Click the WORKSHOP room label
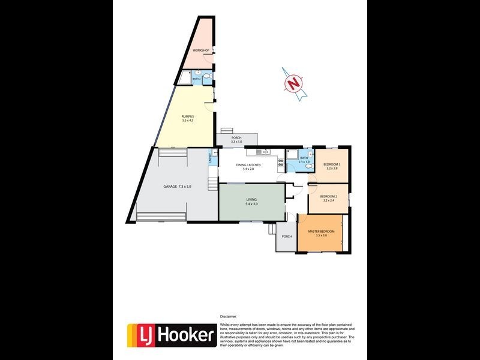[200, 50]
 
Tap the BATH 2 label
[196, 79]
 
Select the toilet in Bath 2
[206, 77]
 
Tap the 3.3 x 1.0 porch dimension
[236, 142]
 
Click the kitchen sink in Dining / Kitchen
[260, 152]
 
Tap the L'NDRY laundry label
[210, 158]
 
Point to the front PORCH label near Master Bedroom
[287, 236]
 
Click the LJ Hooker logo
[171, 334]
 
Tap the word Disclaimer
[229, 316]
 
